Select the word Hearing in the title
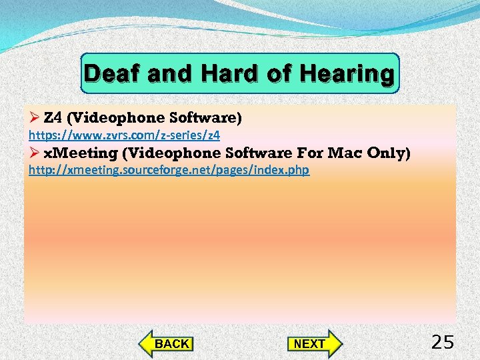pyautogui.click(x=347, y=73)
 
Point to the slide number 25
pyautogui.click(x=443, y=343)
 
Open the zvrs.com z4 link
pyautogui.click(x=124, y=135)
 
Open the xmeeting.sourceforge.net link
pyautogui.click(x=169, y=170)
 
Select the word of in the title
pyautogui.click(x=279, y=73)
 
